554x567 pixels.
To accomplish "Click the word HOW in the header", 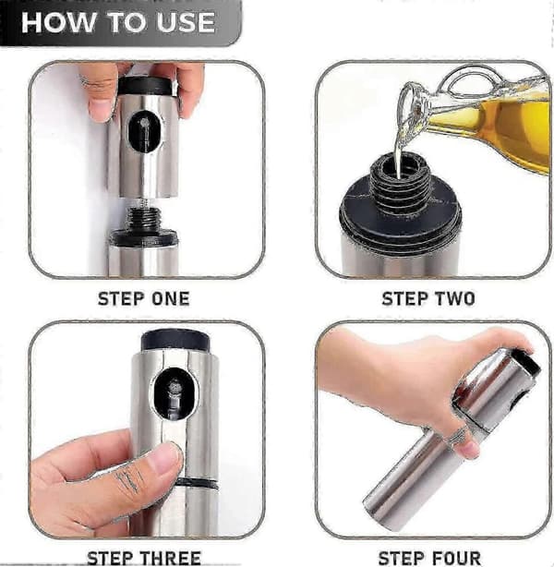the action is tap(56, 22).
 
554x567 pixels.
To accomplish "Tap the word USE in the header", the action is tap(186, 22).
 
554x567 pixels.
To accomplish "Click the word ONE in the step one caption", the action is tap(170, 299).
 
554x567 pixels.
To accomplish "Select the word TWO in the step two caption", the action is tap(454, 299).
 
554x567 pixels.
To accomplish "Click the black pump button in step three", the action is tap(175, 341).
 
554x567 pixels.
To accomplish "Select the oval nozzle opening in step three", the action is tap(175, 393).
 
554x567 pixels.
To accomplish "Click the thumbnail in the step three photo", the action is tap(166, 460).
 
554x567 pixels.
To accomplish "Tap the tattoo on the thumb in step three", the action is tap(128, 478).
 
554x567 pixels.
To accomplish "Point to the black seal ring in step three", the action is tap(198, 483).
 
